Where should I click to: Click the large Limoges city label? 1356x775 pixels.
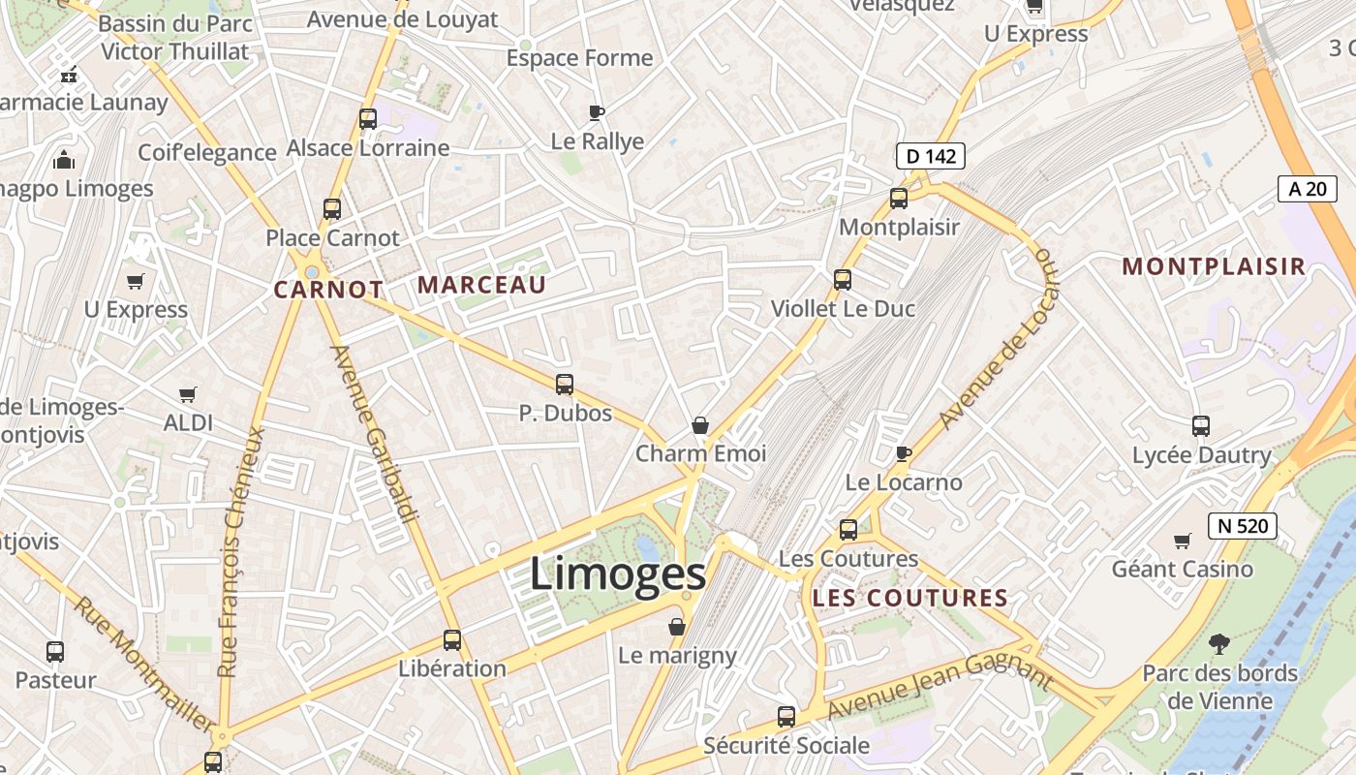point(617,573)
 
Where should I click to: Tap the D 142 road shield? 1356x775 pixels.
point(930,156)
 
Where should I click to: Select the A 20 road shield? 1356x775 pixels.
point(1307,189)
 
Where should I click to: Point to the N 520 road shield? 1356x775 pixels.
point(1242,526)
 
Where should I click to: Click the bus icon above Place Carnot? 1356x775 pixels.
point(332,208)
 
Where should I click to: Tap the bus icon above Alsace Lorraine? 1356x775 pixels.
point(368,119)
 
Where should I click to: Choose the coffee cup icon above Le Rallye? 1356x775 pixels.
point(597,112)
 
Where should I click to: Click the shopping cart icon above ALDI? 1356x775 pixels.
point(188,394)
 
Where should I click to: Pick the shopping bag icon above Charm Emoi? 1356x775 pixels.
point(700,425)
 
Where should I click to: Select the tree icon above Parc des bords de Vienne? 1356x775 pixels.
point(1218,642)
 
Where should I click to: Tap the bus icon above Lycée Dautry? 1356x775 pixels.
point(1201,425)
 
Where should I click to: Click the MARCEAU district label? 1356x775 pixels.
point(481,285)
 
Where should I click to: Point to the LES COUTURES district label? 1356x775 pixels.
point(910,598)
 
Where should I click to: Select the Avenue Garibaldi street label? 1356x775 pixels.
point(374,434)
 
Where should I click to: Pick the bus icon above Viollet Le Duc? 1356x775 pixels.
point(843,280)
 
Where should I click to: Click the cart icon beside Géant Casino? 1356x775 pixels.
point(1182,541)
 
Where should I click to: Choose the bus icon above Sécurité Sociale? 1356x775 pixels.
point(786,717)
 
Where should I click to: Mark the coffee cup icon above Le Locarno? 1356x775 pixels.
point(904,452)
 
